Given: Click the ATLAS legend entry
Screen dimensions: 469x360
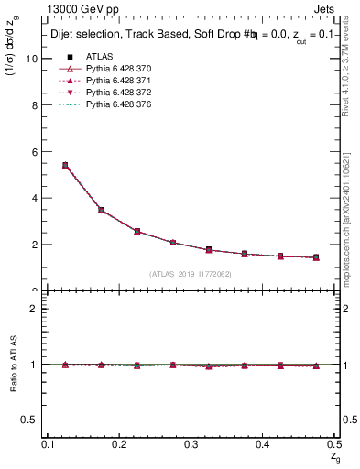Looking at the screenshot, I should tap(99, 57).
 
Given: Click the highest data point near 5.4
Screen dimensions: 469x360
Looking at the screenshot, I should tap(65, 165).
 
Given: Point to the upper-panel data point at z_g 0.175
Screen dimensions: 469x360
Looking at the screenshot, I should tap(102, 210).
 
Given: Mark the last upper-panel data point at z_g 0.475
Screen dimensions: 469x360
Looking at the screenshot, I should tap(315, 257).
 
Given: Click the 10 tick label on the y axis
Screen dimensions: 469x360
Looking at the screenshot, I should tap(32, 58).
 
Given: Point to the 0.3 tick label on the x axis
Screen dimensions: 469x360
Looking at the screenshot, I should tap(191, 444).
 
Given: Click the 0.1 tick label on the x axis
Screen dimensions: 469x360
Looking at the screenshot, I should tap(49, 444).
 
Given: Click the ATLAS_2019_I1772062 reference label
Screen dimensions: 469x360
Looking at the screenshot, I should tap(191, 274).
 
